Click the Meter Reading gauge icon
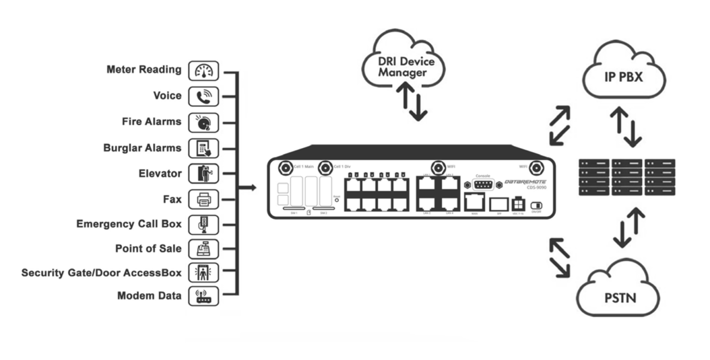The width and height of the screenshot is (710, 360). (x=203, y=71)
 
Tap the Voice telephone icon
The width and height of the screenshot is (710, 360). (x=203, y=97)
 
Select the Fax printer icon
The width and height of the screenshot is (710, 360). (x=203, y=200)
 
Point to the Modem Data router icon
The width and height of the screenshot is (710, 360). (x=203, y=296)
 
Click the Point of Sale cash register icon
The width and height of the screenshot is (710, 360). (x=203, y=249)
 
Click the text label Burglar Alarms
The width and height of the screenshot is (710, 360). (x=142, y=148)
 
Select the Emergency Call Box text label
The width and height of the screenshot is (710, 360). (x=129, y=224)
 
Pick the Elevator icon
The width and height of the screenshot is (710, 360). (x=203, y=174)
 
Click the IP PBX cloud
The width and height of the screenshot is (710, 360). (x=624, y=74)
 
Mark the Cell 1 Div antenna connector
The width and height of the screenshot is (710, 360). (x=325, y=167)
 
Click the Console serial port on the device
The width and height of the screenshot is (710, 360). (x=483, y=185)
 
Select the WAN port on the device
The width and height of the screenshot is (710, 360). (x=475, y=202)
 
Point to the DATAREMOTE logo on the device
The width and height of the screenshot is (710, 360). (x=525, y=182)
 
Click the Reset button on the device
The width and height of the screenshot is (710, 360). (x=337, y=201)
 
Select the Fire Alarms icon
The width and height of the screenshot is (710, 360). (x=203, y=122)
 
